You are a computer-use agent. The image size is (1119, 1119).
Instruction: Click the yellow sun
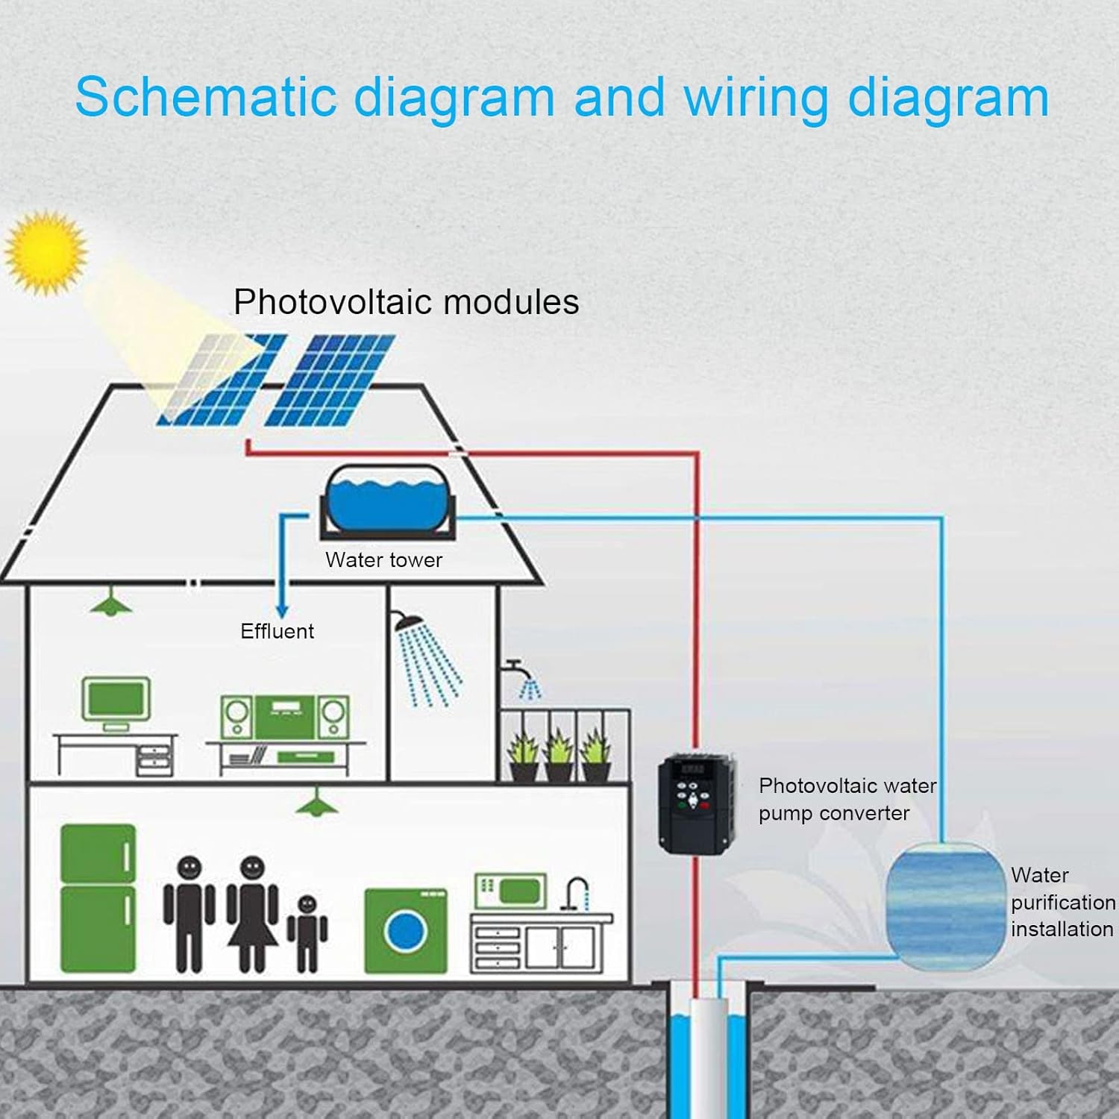(46, 252)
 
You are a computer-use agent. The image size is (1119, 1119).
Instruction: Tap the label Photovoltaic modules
(406, 302)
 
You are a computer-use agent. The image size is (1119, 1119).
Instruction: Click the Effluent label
(277, 631)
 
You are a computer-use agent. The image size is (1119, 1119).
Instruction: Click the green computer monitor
(116, 700)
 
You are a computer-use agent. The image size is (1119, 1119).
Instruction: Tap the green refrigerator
(98, 898)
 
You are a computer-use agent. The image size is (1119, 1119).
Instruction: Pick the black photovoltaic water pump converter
(695, 803)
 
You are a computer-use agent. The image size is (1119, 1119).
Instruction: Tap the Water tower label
(383, 560)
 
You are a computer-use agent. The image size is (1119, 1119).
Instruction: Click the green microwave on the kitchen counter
(510, 890)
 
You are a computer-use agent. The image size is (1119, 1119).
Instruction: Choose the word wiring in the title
(755, 98)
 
